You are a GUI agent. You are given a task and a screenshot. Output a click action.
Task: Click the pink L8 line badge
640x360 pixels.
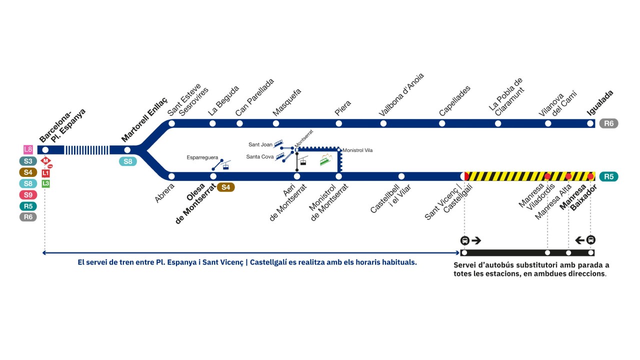coord(28,149)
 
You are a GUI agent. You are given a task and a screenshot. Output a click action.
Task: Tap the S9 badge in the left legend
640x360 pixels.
coord(28,195)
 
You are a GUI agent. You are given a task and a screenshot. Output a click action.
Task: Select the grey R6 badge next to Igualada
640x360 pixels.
coord(608,123)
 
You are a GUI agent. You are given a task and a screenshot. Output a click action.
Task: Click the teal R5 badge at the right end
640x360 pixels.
coord(608,176)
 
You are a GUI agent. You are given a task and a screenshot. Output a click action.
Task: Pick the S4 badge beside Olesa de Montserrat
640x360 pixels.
coord(225,187)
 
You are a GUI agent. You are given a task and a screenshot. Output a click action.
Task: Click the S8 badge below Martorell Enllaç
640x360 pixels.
coord(127,161)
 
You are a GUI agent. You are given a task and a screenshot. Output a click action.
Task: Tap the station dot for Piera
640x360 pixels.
coord(338,123)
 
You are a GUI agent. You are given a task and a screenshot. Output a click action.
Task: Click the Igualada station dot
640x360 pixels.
coord(590,123)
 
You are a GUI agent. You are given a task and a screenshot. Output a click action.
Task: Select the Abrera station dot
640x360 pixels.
coord(171,176)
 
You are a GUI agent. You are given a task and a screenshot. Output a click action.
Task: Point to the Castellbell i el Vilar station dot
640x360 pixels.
coord(401,176)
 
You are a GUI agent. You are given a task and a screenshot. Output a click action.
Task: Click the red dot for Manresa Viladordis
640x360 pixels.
coord(547,176)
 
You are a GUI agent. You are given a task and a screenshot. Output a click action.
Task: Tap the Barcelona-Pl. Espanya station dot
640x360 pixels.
coord(45,149)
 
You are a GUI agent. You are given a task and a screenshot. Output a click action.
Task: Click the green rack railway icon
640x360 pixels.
coord(325,159)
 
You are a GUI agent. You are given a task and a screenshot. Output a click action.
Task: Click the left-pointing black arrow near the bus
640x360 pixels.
coord(579,240)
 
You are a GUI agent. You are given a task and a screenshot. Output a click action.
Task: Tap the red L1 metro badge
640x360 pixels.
coord(45,173)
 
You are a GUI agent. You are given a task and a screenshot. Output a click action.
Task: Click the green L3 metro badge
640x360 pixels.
coord(45,183)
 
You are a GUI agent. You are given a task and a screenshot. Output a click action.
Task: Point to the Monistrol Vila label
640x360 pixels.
coord(357,150)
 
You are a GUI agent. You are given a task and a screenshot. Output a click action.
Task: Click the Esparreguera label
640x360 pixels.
coord(202,157)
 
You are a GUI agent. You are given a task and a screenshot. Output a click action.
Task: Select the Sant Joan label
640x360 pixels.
coord(260,144)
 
